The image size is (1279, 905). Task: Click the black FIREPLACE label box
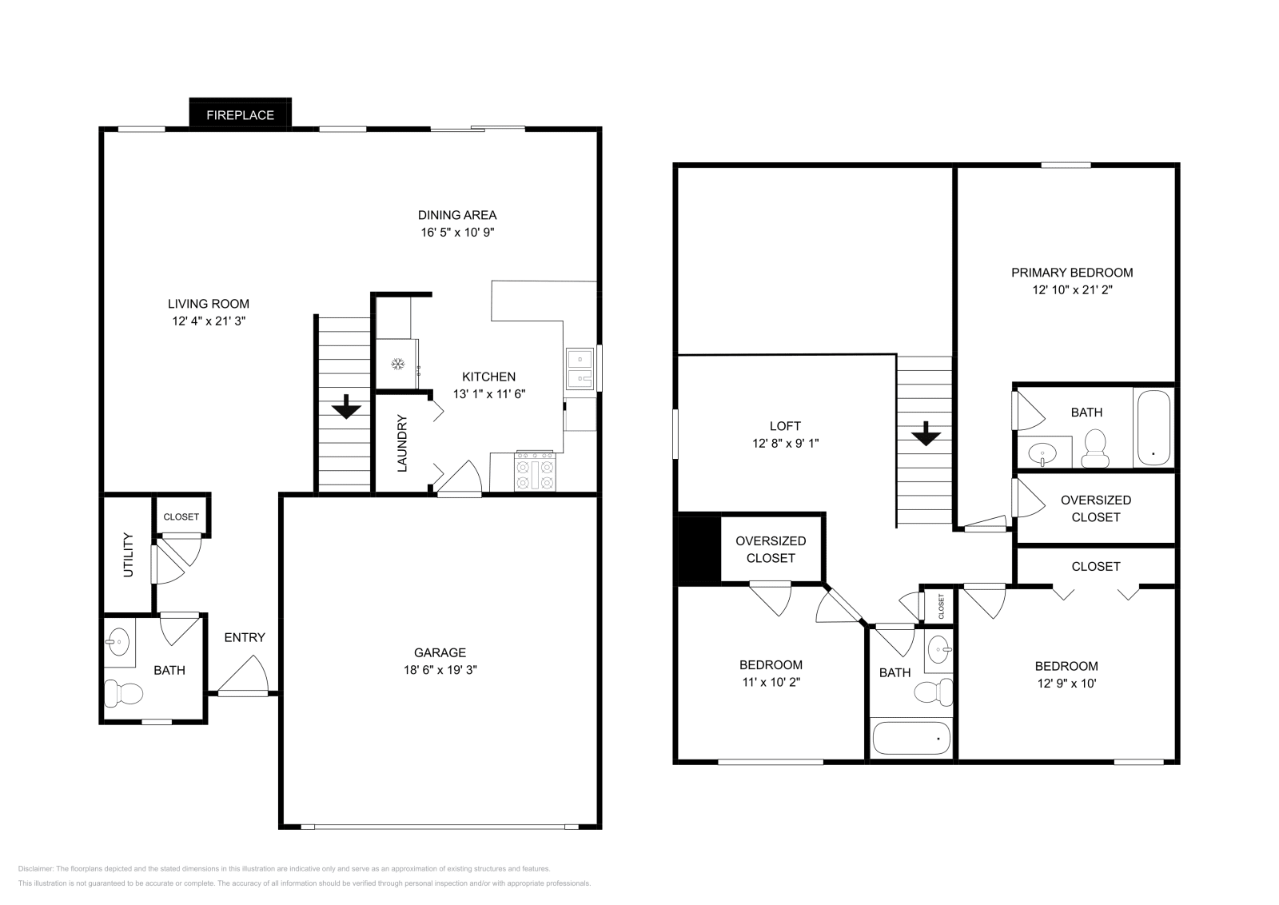pyautogui.click(x=240, y=114)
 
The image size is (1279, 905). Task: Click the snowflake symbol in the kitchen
pyautogui.click(x=396, y=365)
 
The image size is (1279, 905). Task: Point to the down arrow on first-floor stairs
pyautogui.click(x=345, y=407)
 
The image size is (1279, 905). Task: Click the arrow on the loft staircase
pyautogui.click(x=926, y=433)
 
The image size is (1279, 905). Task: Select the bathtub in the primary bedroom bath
pyautogui.click(x=1153, y=427)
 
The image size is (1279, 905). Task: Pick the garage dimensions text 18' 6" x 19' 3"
pyautogui.click(x=440, y=670)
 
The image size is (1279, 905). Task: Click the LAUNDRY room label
pyautogui.click(x=402, y=443)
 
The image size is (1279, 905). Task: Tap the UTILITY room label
pyautogui.click(x=128, y=556)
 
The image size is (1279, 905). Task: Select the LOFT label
pyautogui.click(x=785, y=426)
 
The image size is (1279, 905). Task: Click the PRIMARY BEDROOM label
pyautogui.click(x=1071, y=273)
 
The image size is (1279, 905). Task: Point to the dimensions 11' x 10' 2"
pyautogui.click(x=771, y=682)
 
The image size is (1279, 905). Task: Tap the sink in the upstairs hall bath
pyautogui.click(x=939, y=651)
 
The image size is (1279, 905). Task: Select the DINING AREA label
pyautogui.click(x=457, y=214)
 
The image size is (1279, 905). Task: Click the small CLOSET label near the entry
pyautogui.click(x=181, y=516)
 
